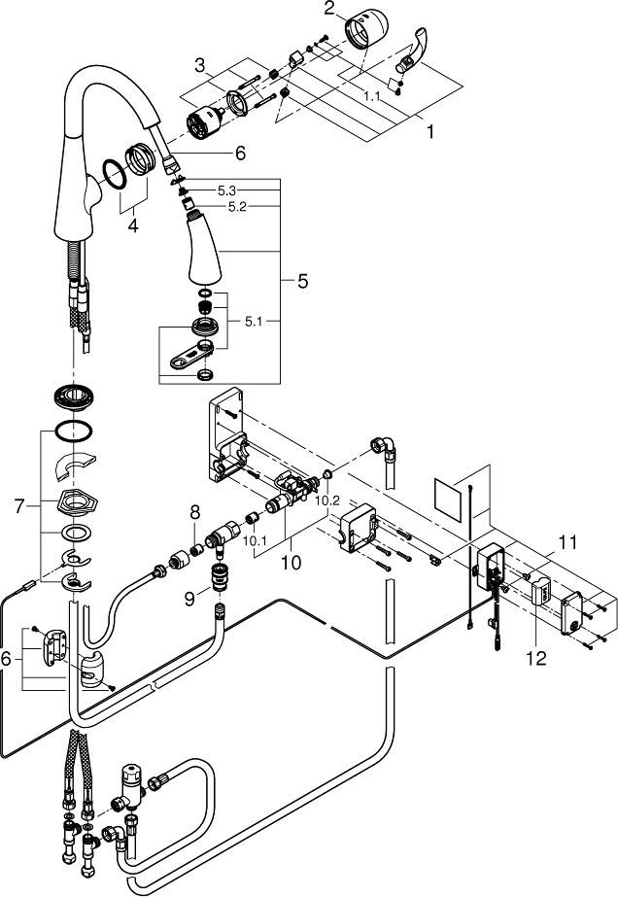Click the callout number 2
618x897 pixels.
(x=328, y=8)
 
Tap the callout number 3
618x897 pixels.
(x=199, y=65)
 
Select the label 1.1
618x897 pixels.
(x=372, y=96)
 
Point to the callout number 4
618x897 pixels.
(x=133, y=225)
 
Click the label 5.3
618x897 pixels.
(x=227, y=191)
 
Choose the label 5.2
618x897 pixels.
(x=237, y=208)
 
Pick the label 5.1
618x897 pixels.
(x=254, y=322)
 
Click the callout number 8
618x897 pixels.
(x=194, y=511)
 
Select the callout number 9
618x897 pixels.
(x=189, y=599)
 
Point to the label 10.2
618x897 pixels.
(x=327, y=501)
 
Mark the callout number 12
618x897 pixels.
(x=535, y=659)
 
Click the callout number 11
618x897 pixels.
(x=567, y=541)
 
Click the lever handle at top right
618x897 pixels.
(x=411, y=57)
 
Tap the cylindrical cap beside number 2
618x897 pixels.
(x=366, y=29)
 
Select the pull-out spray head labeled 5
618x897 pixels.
(x=204, y=247)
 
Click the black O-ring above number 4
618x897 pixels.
(x=115, y=174)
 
